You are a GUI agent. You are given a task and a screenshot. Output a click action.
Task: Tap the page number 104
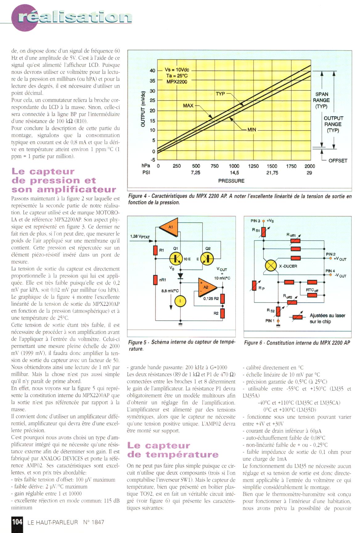point(17,522)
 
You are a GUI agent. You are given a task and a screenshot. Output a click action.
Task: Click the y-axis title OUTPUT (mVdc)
point(143,109)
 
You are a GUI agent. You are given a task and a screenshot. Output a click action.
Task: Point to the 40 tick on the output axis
point(152,70)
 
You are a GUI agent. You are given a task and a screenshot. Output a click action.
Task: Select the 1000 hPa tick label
point(234,166)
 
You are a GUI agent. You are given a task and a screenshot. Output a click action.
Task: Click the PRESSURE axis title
point(231,181)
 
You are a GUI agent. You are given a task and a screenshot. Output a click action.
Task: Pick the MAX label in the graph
point(188,105)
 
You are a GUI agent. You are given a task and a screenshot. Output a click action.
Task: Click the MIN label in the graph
point(252,130)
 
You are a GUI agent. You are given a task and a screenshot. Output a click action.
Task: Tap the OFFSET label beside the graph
point(338,160)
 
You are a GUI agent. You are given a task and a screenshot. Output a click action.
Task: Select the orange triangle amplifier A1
point(170,227)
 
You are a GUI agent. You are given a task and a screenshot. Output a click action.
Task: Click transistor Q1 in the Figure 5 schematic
point(176,258)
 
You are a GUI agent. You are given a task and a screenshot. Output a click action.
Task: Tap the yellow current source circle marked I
point(180,301)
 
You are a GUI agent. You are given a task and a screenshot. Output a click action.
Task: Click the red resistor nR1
point(156,280)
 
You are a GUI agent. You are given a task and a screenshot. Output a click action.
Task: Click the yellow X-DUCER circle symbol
point(271,266)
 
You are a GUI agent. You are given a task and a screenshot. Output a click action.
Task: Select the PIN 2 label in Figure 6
point(330,254)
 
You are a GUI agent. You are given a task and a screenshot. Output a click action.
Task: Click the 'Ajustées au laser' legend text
point(327,316)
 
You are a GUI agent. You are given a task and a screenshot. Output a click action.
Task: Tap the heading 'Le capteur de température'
point(173,450)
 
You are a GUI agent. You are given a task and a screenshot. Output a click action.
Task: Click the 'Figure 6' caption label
point(254,343)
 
